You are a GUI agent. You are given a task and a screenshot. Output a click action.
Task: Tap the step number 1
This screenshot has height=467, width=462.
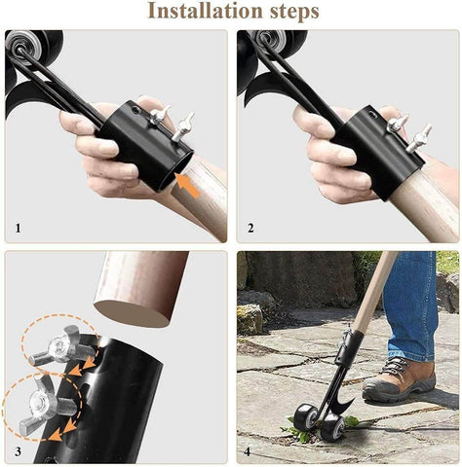pos(17,229)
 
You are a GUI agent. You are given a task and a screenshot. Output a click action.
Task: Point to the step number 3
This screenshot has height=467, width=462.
pos(17,452)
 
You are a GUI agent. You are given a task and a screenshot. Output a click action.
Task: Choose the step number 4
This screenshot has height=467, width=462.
pos(250,452)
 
